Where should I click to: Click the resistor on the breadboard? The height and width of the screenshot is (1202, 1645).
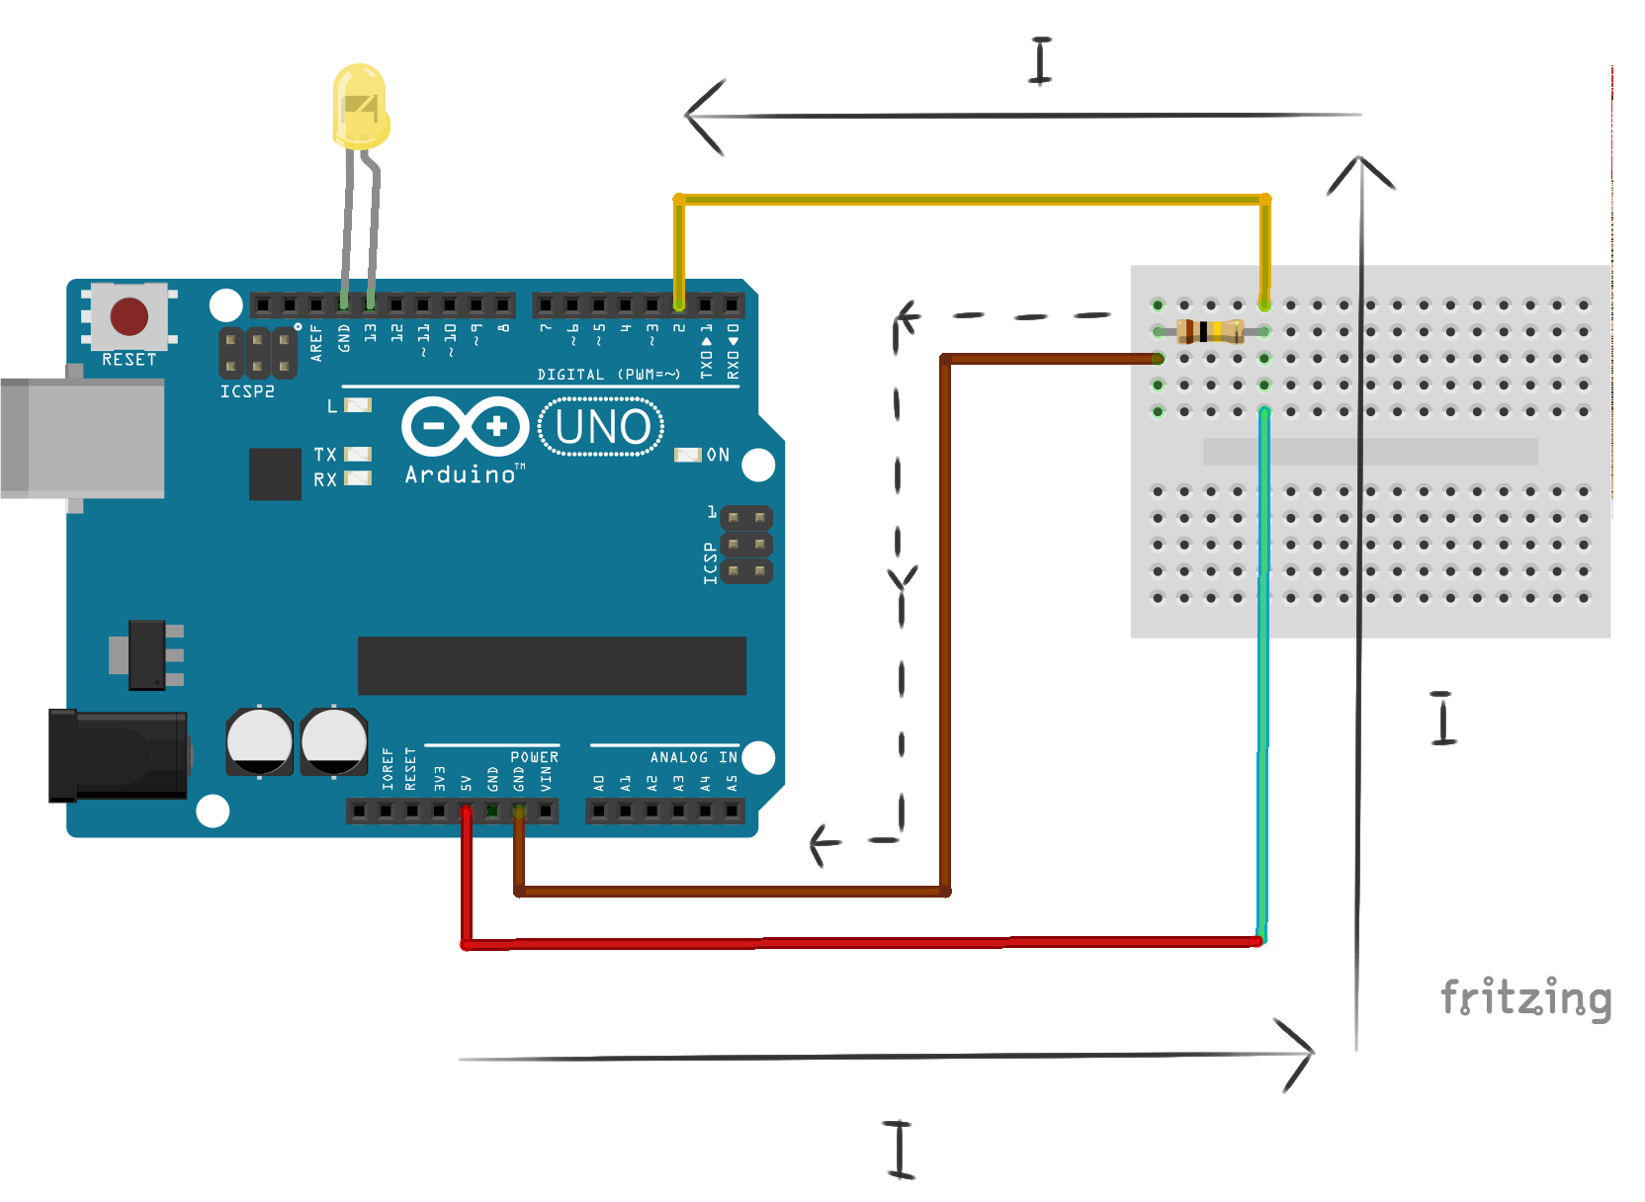[x=1210, y=331]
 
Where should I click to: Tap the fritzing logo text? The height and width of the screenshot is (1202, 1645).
[x=1525, y=997]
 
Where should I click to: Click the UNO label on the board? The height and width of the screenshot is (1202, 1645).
[x=602, y=427]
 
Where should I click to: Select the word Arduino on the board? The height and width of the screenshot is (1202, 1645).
[x=461, y=475]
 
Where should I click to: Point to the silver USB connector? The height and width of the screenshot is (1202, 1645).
[x=83, y=436]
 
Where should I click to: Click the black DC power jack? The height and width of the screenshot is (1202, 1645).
[x=118, y=754]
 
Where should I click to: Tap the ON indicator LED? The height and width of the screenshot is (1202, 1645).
[x=687, y=455]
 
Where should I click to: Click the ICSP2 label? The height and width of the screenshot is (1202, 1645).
[x=247, y=391]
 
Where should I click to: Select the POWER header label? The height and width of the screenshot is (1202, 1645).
[x=534, y=757]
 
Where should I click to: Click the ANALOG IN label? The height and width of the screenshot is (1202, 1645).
[x=693, y=757]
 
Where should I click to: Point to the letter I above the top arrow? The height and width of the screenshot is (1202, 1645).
[x=1040, y=61]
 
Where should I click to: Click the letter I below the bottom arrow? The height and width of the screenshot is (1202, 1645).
[x=899, y=1150]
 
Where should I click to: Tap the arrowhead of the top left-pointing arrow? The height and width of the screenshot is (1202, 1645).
[x=698, y=116]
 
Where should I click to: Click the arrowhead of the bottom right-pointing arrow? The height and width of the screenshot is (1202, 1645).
[x=1303, y=1054]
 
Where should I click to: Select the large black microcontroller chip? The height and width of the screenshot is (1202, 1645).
[x=552, y=665]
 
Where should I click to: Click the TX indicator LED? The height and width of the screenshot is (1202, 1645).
[x=358, y=455]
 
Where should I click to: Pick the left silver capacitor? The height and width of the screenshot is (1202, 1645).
[x=259, y=740]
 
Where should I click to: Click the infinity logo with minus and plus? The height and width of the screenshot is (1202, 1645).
[x=466, y=426]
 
